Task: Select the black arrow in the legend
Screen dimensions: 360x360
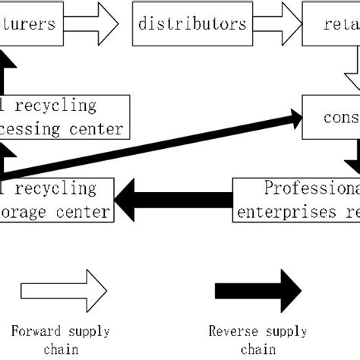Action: [258, 290]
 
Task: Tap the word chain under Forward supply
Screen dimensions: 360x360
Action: [60, 349]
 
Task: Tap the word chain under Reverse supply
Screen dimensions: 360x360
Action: [257, 349]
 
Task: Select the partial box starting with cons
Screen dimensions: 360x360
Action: [331, 118]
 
